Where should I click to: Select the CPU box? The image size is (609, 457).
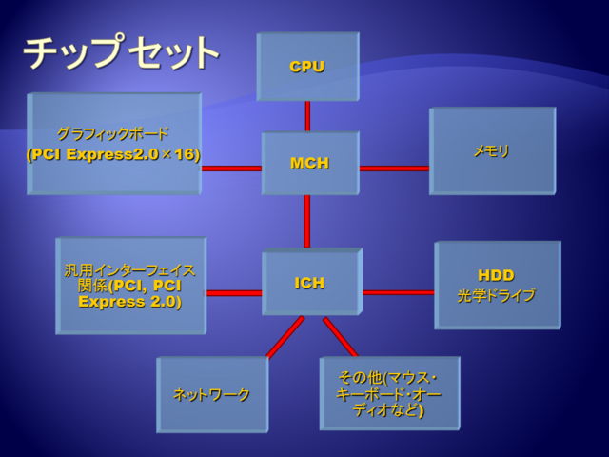coord(308,67)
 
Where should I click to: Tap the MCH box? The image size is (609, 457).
coord(310,163)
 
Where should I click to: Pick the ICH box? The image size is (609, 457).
coord(312,282)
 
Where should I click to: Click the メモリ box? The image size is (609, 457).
coord(493,151)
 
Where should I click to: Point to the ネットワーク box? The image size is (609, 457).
coord(212,394)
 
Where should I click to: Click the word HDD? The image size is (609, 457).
coord(496,275)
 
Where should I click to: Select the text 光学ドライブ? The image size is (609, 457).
coord(497,296)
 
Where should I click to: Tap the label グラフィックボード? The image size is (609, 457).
coord(113,134)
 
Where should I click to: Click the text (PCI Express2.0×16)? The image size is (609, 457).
coord(113,154)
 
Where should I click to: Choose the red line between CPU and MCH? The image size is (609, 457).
coord(307,116)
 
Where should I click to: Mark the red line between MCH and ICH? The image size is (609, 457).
coord(306,222)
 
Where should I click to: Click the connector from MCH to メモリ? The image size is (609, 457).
coord(394,169)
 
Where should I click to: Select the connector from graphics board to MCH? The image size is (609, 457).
coord(231,169)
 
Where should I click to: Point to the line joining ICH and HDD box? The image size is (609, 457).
coord(399,292)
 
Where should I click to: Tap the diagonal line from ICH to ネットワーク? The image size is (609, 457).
coord(285,337)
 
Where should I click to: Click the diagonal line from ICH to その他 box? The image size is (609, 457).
coord(341,336)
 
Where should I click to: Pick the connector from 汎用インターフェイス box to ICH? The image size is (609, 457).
coord(234,293)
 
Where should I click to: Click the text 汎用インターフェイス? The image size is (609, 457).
coord(129,270)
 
